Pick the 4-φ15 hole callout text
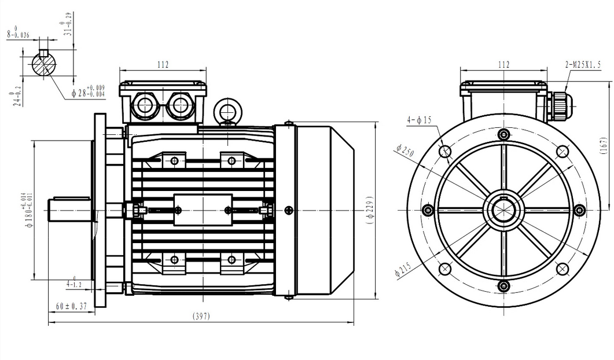(419, 120)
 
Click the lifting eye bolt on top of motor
(227, 110)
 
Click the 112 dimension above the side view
(163, 65)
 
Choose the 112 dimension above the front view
(503, 65)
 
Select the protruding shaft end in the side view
(71, 210)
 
